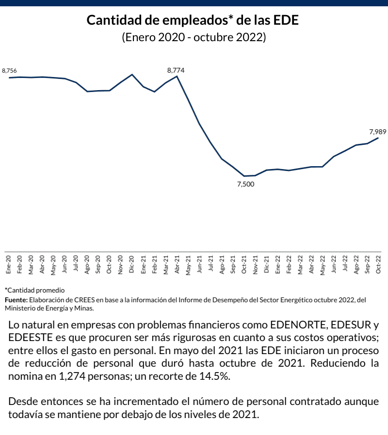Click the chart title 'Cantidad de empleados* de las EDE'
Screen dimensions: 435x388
coord(194,21)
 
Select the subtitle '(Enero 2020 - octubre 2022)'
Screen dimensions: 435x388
coord(194,37)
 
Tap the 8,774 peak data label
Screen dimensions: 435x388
coord(176,70)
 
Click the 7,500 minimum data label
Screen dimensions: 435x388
coord(245,184)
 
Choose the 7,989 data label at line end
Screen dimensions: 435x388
coord(377,131)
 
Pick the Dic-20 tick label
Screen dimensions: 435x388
coord(132,264)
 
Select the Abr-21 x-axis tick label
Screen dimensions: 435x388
coord(177,264)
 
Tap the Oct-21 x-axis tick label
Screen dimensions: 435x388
coord(244,264)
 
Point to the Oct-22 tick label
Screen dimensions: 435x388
coord(379,264)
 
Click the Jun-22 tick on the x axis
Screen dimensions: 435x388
coord(334,264)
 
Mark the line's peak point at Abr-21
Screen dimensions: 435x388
coord(177,76)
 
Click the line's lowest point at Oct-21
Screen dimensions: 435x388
coord(244,176)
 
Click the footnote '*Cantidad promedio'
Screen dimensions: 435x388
coord(34,290)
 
